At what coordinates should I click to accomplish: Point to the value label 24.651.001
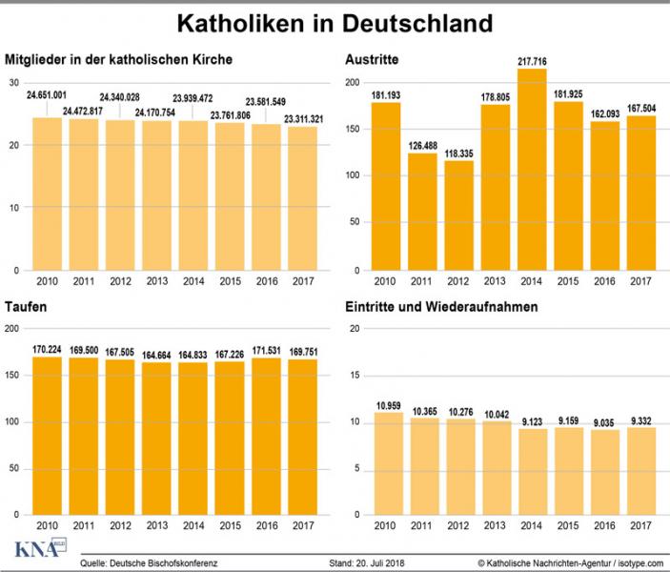46,95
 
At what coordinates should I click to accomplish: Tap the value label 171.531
267,349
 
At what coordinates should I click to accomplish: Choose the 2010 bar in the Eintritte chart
386,463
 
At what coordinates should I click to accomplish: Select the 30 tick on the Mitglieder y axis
13,83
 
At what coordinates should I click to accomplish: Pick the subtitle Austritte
373,61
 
